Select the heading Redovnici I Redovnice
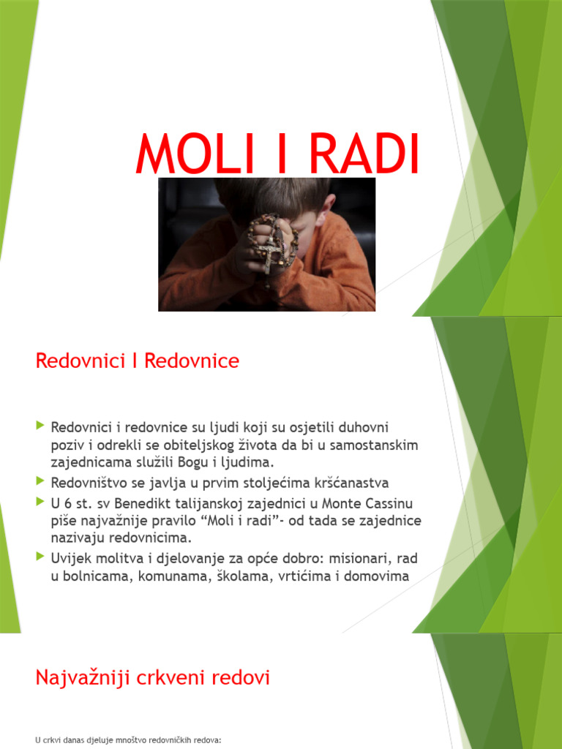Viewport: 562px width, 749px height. point(138,361)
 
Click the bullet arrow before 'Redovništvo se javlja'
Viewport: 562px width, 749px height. point(40,481)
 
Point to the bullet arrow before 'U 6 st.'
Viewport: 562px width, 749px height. point(40,501)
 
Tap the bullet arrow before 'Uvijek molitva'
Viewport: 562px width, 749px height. point(40,557)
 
